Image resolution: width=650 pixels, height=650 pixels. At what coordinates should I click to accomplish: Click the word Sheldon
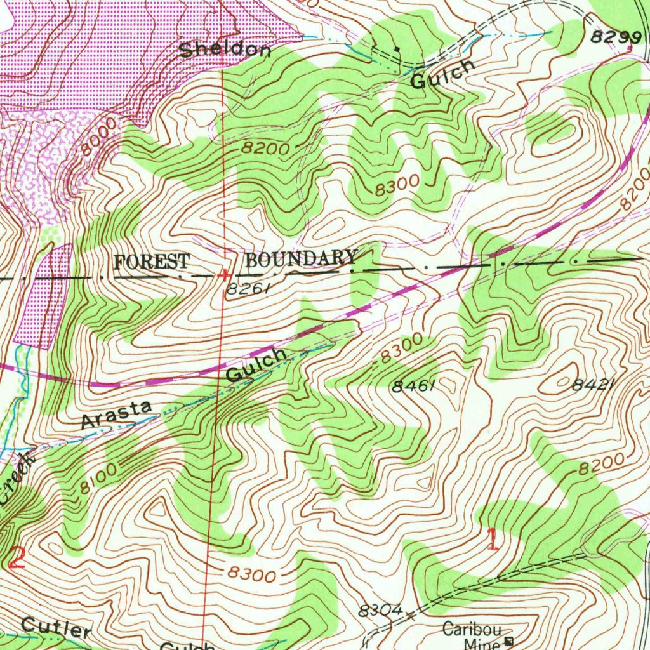tap(225, 50)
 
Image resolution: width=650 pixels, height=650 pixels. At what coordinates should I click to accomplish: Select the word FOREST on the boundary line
tap(152, 262)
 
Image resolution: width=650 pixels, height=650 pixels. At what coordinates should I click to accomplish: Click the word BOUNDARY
tap(301, 259)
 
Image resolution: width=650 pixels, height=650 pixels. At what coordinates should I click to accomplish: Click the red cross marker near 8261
tap(223, 275)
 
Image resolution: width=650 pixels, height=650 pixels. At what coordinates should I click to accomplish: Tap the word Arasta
tap(117, 415)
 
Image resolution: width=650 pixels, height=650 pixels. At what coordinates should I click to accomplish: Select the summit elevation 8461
tap(413, 386)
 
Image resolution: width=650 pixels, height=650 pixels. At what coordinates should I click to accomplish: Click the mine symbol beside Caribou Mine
tap(509, 642)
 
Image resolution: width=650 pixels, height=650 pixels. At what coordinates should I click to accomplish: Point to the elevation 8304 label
tap(380, 611)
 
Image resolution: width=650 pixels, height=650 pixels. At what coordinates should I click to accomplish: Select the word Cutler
tap(56, 628)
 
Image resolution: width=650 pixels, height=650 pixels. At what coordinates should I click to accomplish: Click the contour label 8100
tap(98, 480)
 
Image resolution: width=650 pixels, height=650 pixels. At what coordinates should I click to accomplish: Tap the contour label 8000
tap(100, 138)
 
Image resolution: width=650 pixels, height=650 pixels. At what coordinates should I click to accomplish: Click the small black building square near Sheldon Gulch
tap(397, 48)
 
